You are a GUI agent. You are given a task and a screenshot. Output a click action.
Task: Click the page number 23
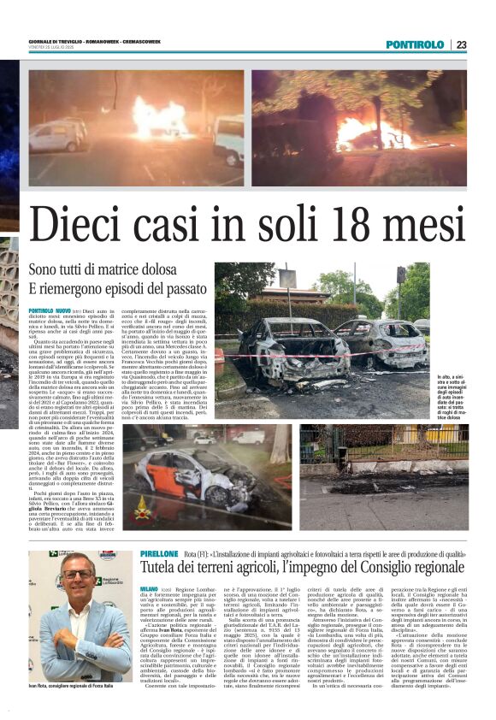461,44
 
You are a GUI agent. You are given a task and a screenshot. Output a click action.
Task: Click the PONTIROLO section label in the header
415,44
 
